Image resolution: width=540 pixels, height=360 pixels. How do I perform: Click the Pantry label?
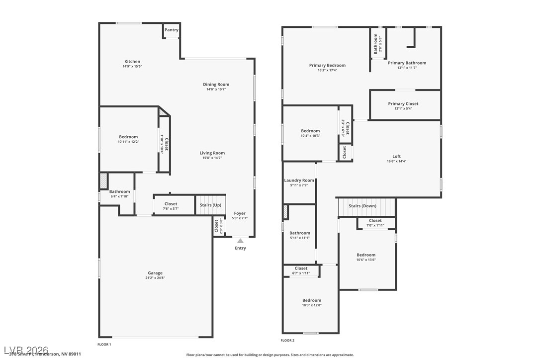point(172,30)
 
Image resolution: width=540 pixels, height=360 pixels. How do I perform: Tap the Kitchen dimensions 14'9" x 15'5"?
point(132,67)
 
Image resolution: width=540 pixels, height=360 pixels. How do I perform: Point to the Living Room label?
point(212,153)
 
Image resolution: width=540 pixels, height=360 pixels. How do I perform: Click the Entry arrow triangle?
point(240,241)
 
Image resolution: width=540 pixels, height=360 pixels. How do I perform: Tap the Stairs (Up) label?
point(210,205)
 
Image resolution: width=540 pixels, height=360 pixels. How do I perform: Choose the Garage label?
point(155,273)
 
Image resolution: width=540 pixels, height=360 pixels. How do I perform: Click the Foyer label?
point(240,213)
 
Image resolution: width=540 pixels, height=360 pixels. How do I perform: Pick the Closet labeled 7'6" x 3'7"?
point(171,204)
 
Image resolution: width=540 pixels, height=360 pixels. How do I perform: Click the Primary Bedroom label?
point(327,65)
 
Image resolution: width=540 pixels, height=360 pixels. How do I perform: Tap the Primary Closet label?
point(403,104)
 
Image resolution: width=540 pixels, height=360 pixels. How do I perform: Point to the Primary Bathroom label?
point(407,63)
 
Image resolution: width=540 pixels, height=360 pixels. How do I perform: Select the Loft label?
point(396,156)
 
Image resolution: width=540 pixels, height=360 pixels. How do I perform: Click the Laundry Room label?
point(299,180)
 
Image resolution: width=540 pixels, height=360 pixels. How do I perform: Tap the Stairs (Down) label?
point(362,206)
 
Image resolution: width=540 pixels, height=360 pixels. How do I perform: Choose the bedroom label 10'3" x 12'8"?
point(312,300)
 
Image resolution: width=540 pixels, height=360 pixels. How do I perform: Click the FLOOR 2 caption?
point(287,341)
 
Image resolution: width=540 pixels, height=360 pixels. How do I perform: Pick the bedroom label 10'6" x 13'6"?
point(366,255)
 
